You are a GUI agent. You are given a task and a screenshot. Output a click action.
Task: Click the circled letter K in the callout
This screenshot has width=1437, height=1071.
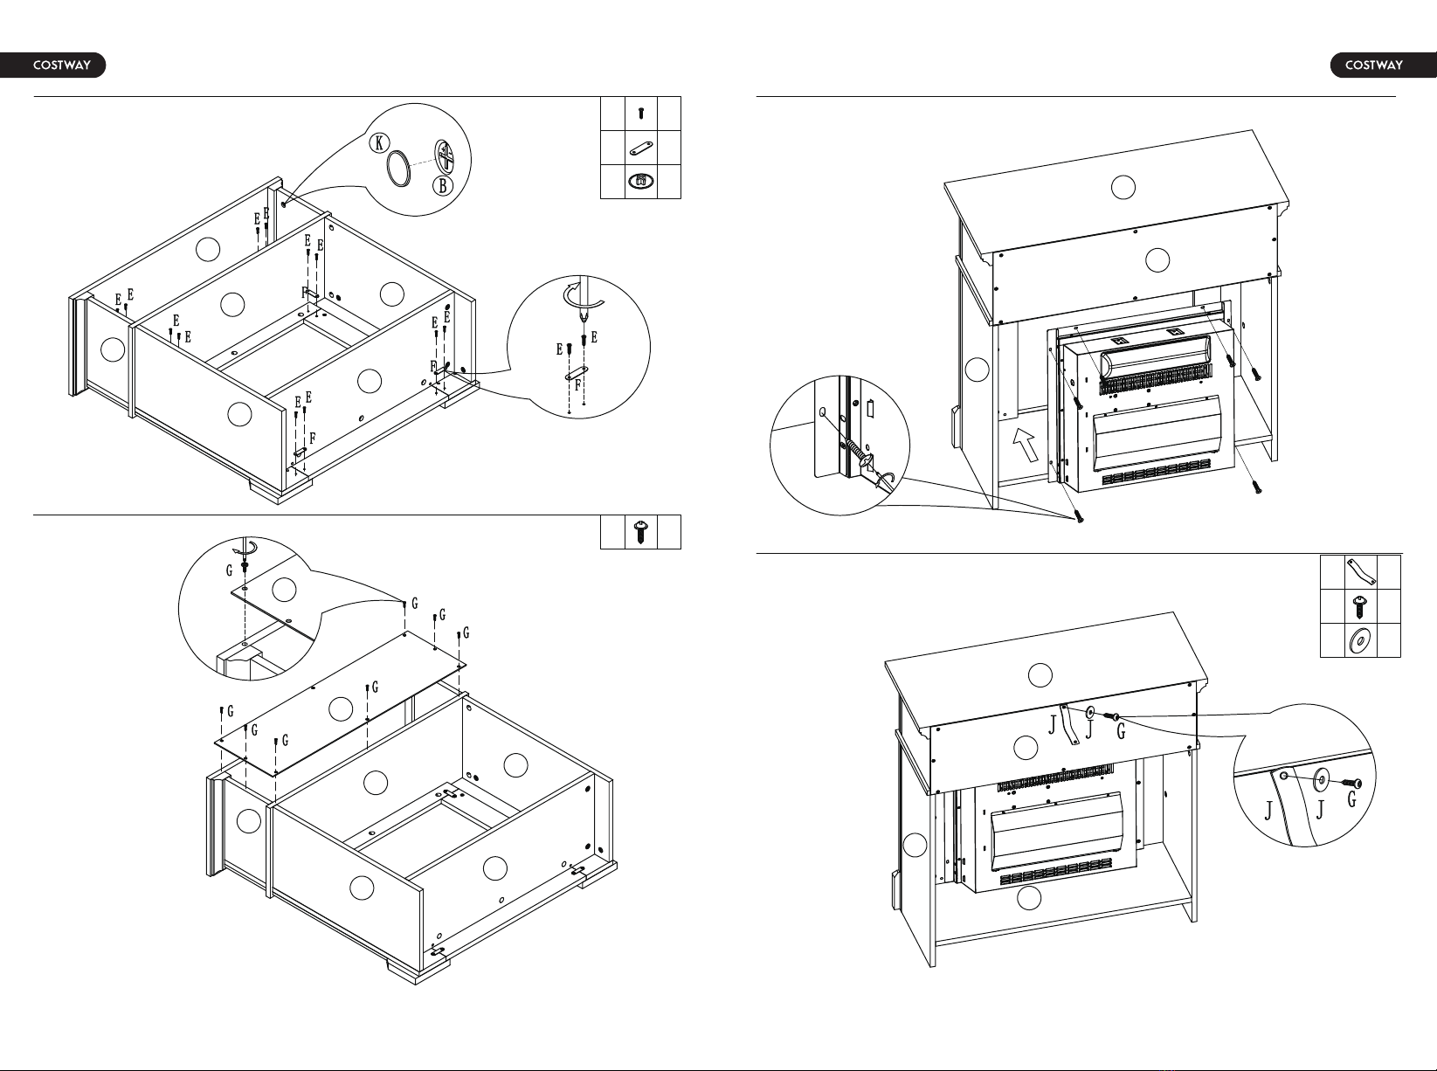tap(379, 142)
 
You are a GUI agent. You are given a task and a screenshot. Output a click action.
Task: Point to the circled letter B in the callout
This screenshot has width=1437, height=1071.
tap(443, 186)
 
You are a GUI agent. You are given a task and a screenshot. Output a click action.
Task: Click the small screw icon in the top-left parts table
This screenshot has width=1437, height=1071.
tap(641, 114)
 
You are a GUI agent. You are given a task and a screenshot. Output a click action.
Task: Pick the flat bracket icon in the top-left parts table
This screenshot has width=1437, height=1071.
tap(641, 148)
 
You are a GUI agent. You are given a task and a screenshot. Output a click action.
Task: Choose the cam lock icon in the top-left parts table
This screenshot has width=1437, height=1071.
tap(641, 182)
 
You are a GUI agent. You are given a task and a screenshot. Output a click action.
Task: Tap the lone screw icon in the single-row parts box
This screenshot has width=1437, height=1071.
tap(641, 532)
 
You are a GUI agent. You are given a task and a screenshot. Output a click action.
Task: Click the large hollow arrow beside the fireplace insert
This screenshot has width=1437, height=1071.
tap(1026, 444)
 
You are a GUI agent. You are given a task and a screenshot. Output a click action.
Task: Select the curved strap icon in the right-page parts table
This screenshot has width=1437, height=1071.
tap(1360, 572)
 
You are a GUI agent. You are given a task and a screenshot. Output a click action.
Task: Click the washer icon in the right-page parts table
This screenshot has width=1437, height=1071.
tap(1360, 640)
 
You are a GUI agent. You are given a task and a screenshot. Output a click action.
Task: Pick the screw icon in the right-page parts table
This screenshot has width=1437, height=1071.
tap(1360, 607)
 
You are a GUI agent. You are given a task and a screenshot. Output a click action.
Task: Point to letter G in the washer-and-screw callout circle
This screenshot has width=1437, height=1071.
tap(1352, 799)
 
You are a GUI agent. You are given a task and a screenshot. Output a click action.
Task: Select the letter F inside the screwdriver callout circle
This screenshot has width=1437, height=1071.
tap(577, 385)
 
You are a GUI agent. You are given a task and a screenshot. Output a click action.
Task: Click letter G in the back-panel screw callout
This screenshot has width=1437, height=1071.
tap(229, 570)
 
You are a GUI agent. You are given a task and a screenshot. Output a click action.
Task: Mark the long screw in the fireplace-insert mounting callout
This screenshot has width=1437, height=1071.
tap(858, 453)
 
